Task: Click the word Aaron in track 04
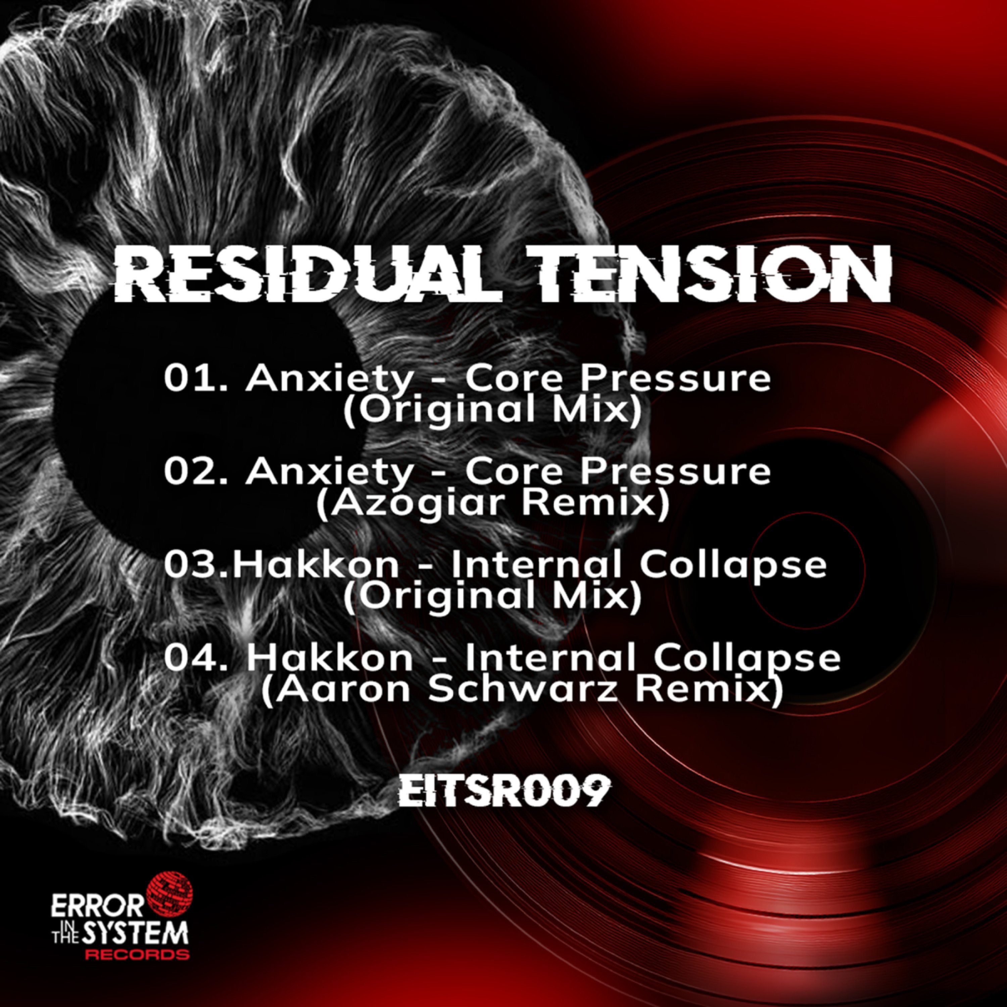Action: (x=339, y=691)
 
